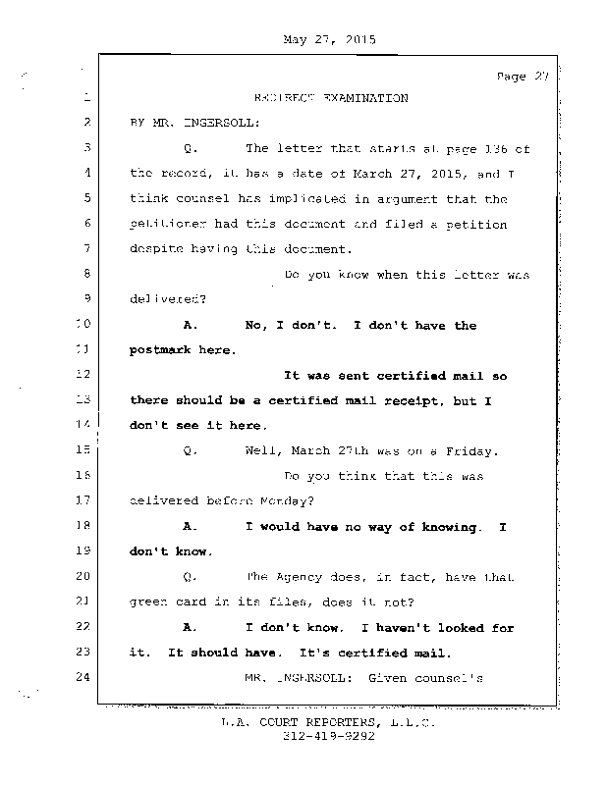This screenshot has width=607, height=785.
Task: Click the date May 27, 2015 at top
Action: point(329,40)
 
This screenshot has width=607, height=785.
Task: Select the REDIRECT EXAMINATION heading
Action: point(330,99)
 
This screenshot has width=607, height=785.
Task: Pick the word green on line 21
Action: point(148,602)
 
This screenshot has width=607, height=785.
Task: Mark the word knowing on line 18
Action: point(449,527)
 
